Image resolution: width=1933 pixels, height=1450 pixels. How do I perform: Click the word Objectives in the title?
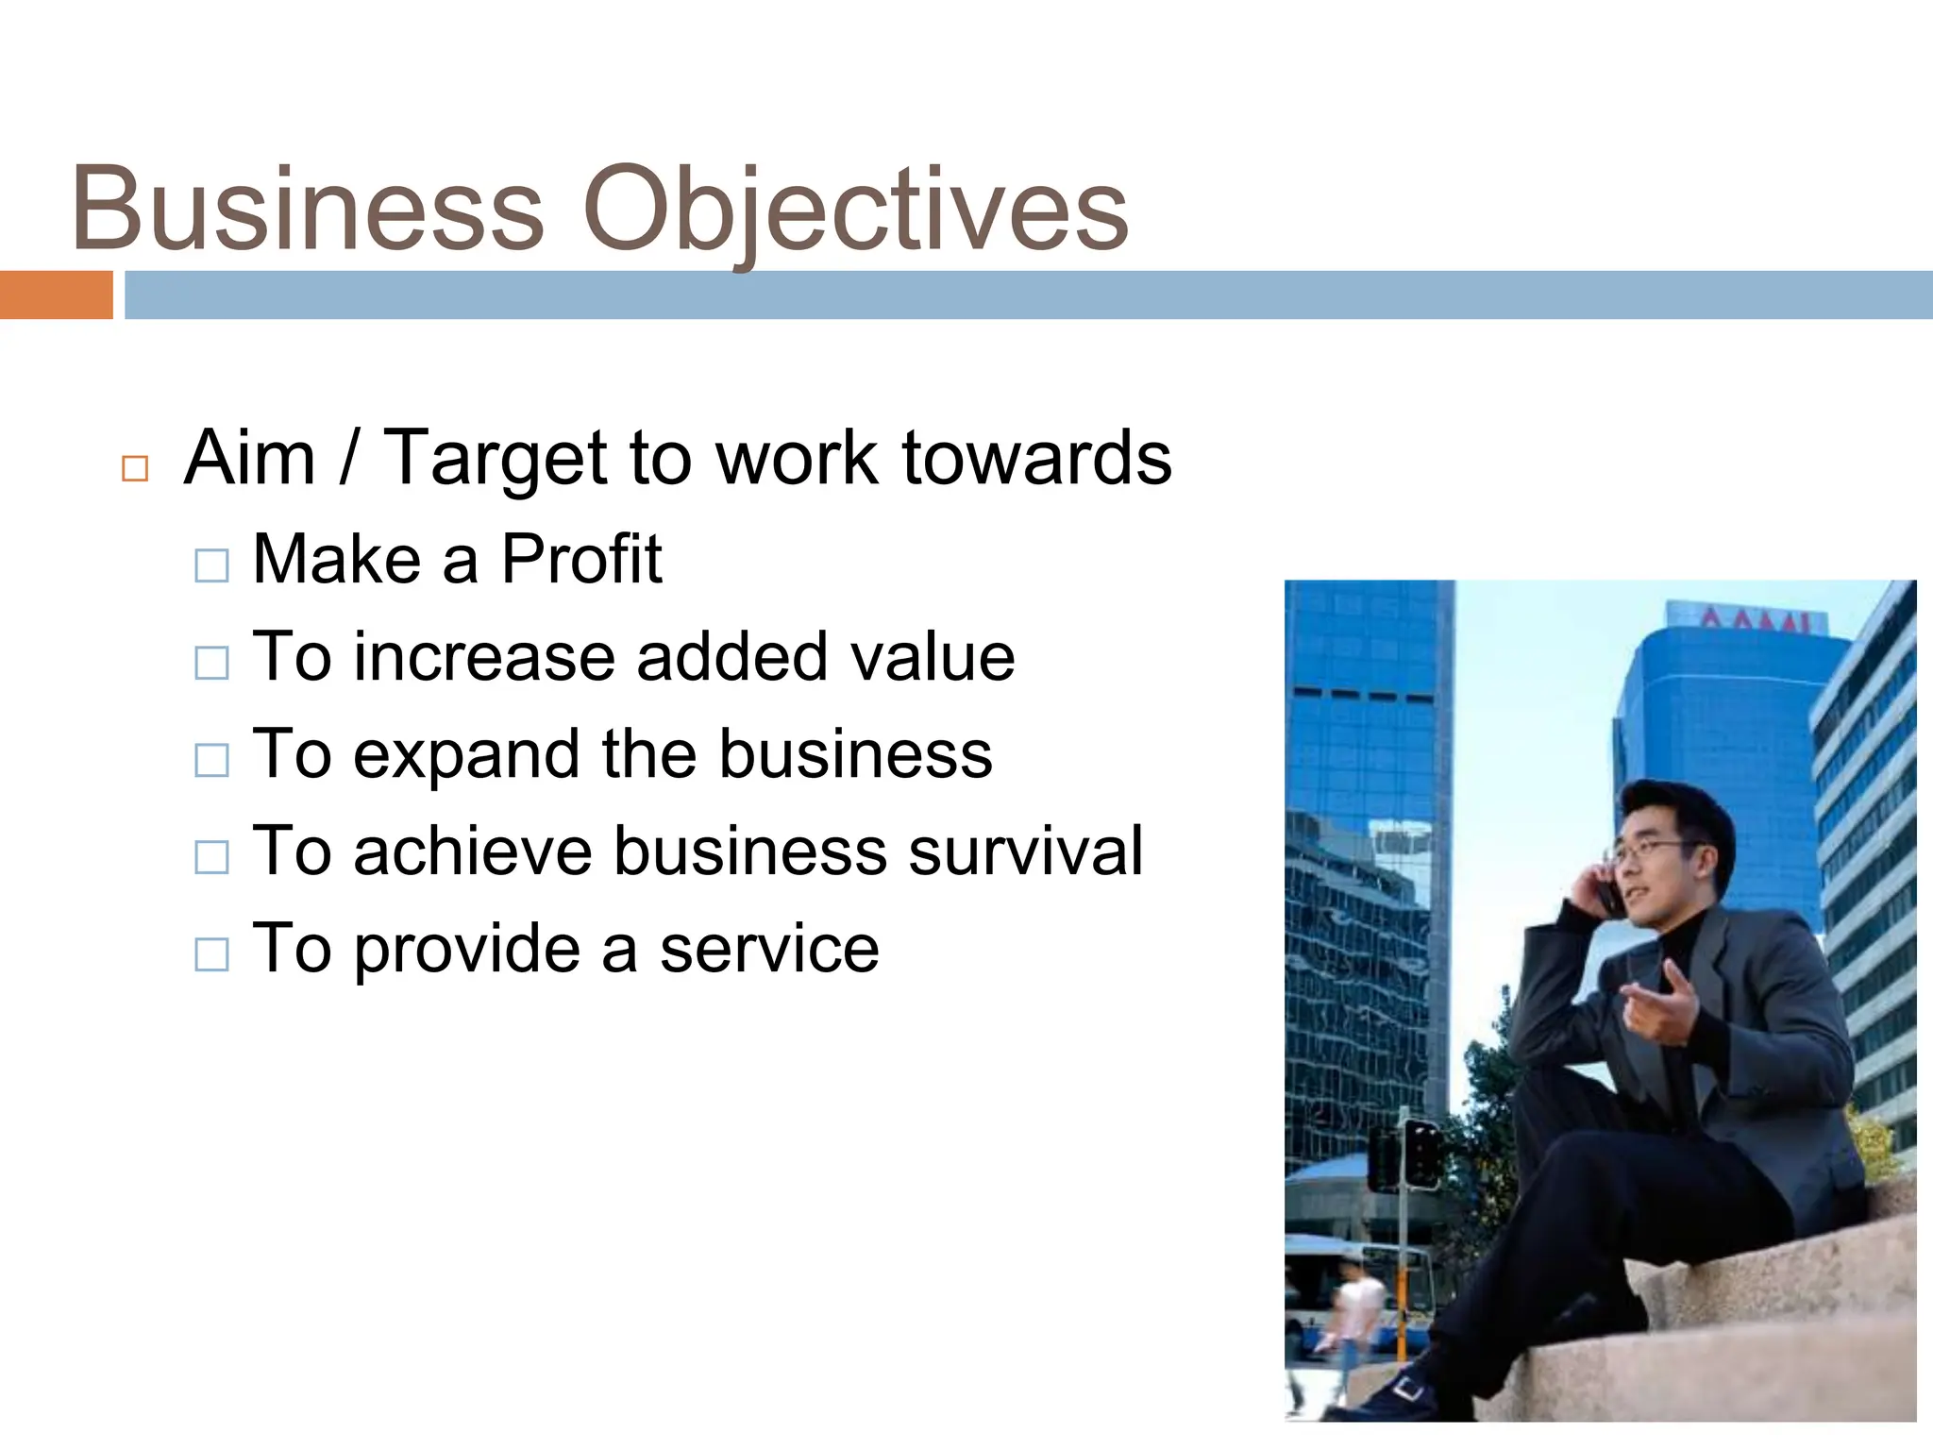pos(855,210)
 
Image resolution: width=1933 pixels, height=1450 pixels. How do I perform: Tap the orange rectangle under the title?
pos(56,295)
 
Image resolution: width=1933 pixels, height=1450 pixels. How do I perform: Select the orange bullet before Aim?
pos(135,468)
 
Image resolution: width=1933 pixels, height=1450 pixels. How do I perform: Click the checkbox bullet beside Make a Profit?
pos(211,565)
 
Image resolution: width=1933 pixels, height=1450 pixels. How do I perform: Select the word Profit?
pos(580,559)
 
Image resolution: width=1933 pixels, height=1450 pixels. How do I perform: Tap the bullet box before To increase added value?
pos(211,663)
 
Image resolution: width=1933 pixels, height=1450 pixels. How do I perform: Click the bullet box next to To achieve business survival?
pos(211,857)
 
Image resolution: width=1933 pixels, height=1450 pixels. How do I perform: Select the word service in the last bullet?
pos(769,949)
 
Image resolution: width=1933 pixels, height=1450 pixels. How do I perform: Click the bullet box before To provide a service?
pos(211,954)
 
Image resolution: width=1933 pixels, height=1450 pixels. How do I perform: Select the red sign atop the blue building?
pos(1756,620)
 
